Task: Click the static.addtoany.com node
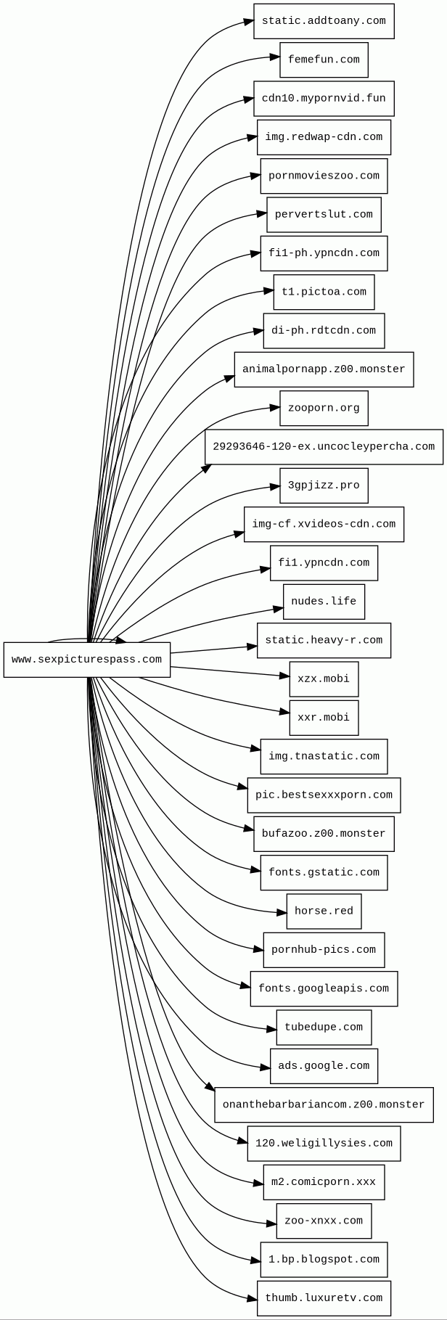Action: [324, 21]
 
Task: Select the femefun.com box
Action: [324, 60]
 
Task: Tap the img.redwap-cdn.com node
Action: [324, 137]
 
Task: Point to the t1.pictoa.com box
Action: [324, 292]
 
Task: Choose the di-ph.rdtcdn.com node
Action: [324, 331]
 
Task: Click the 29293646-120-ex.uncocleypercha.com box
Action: [324, 447]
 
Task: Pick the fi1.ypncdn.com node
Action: [324, 563]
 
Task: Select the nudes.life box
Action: [324, 602]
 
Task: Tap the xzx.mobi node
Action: [324, 679]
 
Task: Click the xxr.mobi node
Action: [324, 718]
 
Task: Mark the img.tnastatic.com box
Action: [324, 757]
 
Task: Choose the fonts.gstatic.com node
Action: [324, 873]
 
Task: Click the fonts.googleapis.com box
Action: [324, 989]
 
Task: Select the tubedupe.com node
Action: [324, 1028]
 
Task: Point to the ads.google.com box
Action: [324, 1066]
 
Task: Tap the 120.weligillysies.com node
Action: [324, 1144]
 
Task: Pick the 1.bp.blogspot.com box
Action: [324, 1260]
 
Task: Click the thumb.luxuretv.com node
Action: [324, 1298]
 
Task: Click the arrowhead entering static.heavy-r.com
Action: [253, 646]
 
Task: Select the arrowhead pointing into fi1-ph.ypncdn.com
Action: [256, 253]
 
